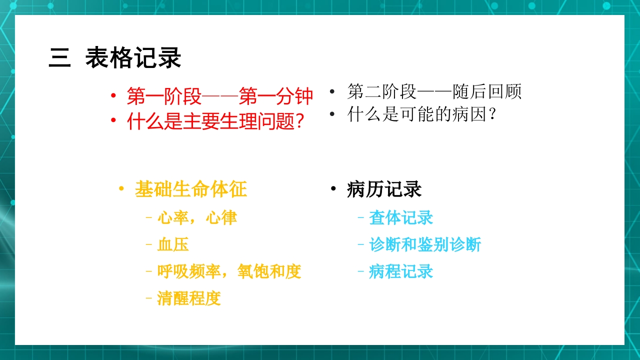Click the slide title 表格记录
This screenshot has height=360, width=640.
(133, 58)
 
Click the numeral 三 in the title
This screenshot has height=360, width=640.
(59, 58)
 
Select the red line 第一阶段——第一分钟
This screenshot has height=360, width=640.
(220, 96)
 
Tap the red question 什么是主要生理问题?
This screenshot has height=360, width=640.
(216, 121)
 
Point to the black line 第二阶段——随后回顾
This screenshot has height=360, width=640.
(434, 91)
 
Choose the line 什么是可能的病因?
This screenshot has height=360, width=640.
(422, 114)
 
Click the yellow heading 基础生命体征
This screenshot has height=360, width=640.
(191, 189)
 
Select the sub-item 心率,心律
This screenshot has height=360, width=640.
(197, 217)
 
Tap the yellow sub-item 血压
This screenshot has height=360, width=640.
(173, 244)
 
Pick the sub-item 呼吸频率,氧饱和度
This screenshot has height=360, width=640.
(229, 271)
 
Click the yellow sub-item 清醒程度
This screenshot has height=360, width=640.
(189, 298)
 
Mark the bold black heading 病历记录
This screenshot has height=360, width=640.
(384, 189)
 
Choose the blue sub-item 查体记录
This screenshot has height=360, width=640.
(401, 217)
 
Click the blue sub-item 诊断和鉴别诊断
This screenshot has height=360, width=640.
(425, 244)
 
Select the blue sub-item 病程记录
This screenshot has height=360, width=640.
(401, 271)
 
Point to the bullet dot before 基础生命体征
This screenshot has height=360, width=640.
(121, 189)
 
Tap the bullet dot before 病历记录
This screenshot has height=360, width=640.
(333, 189)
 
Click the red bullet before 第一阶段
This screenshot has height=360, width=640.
(114, 96)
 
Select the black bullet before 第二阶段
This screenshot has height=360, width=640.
(332, 92)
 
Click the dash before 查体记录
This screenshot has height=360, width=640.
(361, 217)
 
